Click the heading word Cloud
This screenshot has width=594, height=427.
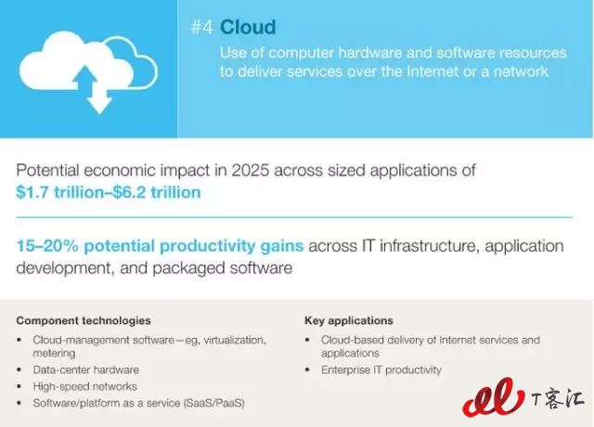coord(248,27)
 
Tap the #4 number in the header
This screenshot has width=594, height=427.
coord(202,27)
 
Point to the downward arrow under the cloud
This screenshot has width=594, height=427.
coord(99,99)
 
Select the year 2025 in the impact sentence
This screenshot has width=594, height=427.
coord(251,171)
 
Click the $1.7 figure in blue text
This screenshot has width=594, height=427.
coord(32,192)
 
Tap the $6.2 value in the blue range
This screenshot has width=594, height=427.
coord(129,192)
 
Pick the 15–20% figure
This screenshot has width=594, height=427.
coord(47,246)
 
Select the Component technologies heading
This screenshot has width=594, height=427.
coord(84,321)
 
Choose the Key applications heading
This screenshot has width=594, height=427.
coord(349,321)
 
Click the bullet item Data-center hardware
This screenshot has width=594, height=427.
coord(86,369)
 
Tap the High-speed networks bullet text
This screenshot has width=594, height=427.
coord(84,386)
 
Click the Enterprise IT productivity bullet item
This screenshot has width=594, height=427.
coord(381,369)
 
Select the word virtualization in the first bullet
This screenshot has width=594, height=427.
coord(235,341)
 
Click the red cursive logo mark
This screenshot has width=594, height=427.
coord(493,397)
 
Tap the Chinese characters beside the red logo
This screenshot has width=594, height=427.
coord(558,399)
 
